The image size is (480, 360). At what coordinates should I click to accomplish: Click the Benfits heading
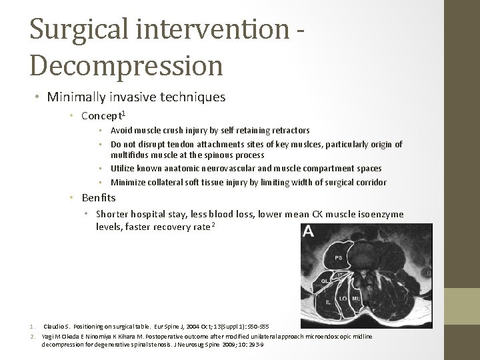point(99,198)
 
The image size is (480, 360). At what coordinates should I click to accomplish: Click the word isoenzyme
point(380,214)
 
